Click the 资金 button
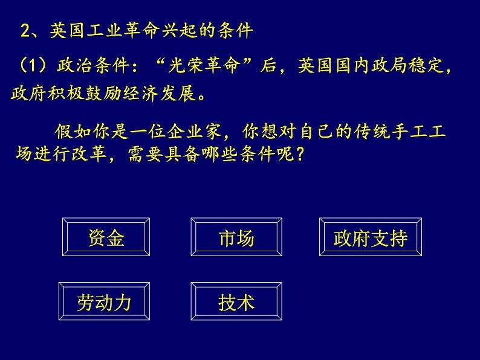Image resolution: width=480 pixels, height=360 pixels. point(106,238)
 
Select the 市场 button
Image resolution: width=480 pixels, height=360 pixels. point(236,238)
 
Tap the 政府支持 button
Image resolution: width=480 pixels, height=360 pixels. point(370,238)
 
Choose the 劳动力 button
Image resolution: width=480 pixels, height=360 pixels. point(103,301)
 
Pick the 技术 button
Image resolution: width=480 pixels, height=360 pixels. point(236,301)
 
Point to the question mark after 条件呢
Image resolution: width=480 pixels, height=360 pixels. point(298,155)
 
